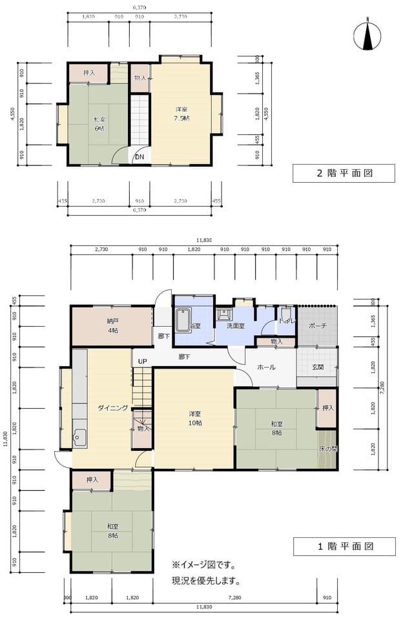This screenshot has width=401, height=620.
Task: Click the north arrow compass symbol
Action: pyautogui.click(x=367, y=35)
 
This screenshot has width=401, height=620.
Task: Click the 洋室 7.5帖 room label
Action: pyautogui.click(x=181, y=114)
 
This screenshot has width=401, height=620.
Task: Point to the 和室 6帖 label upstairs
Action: pyautogui.click(x=99, y=123)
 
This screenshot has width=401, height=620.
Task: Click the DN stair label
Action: pyautogui.click(x=139, y=156)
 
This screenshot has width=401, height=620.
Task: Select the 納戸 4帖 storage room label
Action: pyautogui.click(x=112, y=326)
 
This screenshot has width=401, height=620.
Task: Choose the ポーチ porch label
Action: pyautogui.click(x=317, y=325)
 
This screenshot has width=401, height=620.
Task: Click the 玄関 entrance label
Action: pyautogui.click(x=318, y=367)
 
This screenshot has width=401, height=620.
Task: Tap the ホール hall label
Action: pyautogui.click(x=266, y=367)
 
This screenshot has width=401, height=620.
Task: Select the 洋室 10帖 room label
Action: pyautogui.click(x=195, y=418)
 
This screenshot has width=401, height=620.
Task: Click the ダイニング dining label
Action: pyautogui.click(x=112, y=408)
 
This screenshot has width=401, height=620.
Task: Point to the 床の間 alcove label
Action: pyautogui.click(x=327, y=448)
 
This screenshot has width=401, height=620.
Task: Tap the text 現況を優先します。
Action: pyautogui.click(x=205, y=580)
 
